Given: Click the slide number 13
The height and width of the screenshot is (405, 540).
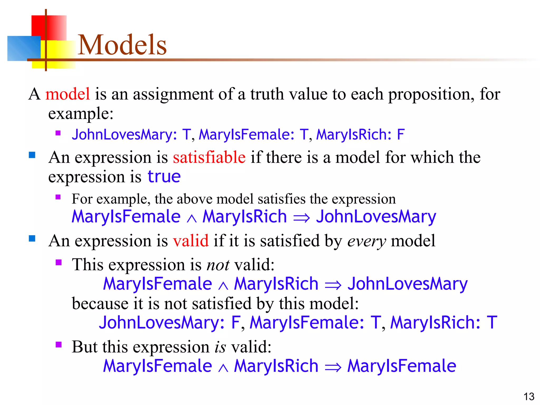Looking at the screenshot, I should click(529, 397).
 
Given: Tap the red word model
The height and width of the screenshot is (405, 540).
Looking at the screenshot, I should click(67, 94).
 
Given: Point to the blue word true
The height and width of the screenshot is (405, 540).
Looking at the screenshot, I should click(164, 176).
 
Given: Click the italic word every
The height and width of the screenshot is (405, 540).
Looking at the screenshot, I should click(367, 241).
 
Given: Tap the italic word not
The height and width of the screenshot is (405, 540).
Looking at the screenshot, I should click(218, 265).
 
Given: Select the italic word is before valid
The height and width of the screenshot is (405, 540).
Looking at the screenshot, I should click(220, 347).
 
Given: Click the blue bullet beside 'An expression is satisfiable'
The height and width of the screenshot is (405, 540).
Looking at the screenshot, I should click(32, 155).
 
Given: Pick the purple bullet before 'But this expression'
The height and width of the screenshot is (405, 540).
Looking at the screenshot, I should click(59, 345).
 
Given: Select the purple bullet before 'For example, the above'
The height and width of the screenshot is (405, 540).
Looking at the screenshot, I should click(58, 197).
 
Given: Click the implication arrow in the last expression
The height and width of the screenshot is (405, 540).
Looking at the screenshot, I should click(333, 367).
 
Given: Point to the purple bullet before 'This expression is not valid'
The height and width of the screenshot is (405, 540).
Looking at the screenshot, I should click(59, 262).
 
